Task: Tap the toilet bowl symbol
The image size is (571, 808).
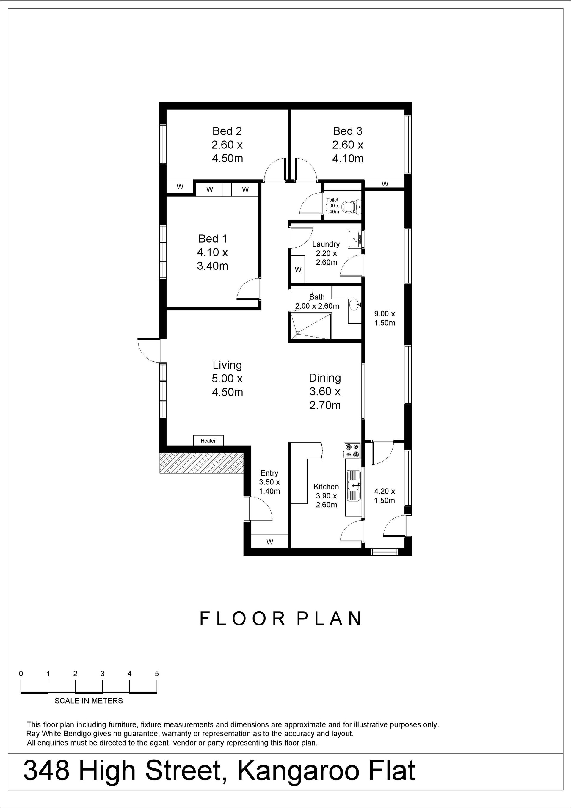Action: point(351,207)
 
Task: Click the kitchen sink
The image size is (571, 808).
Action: point(353,486)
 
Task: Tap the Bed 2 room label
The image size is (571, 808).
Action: point(227,131)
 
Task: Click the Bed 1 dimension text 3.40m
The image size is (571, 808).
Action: point(212,266)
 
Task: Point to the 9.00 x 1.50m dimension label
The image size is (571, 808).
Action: point(385,318)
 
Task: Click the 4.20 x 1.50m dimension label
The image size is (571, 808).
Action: point(385,495)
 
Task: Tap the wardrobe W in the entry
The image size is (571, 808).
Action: point(270,542)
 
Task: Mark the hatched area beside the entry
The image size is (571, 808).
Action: point(202,463)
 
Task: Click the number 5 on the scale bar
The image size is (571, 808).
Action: point(157,674)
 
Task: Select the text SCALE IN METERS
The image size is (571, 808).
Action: point(89,701)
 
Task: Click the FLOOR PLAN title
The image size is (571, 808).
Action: point(280,618)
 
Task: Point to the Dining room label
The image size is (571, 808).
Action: point(325,378)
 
